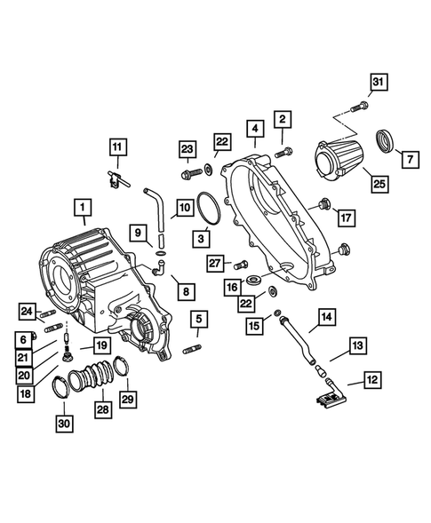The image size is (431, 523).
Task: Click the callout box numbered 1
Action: coord(82,210)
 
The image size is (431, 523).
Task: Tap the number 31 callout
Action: coord(378,84)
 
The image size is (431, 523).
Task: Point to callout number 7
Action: coord(411,160)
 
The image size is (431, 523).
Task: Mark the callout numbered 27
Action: coord(214,262)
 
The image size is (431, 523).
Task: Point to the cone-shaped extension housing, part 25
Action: coord(339,160)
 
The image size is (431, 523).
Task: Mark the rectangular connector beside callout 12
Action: coord(326,400)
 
